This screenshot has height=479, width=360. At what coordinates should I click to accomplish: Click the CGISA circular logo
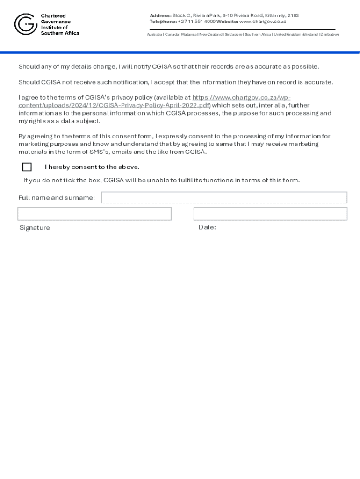[25, 24]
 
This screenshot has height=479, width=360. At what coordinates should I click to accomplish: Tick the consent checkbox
[27, 167]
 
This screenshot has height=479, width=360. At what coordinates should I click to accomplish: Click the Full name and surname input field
[224, 197]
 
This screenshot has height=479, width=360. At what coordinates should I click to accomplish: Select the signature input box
[94, 214]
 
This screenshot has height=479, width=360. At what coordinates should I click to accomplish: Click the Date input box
[270, 214]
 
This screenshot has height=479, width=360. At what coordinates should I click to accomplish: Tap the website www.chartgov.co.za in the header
[263, 22]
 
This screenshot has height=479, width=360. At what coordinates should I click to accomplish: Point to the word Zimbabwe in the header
[330, 35]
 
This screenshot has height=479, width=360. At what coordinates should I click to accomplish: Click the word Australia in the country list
[155, 35]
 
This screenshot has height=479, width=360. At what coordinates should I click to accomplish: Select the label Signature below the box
[35, 228]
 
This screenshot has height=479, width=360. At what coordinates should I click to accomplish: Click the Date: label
[207, 227]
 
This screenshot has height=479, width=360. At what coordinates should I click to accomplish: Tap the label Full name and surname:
[57, 198]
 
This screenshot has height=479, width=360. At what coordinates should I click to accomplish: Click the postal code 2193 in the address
[293, 15]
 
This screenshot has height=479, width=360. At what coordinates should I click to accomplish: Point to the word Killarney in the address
[275, 15]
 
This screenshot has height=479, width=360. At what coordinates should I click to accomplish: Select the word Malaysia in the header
[189, 35]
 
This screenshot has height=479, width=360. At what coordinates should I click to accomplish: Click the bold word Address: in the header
[160, 15]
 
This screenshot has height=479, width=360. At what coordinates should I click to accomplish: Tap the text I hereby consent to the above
[92, 167]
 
